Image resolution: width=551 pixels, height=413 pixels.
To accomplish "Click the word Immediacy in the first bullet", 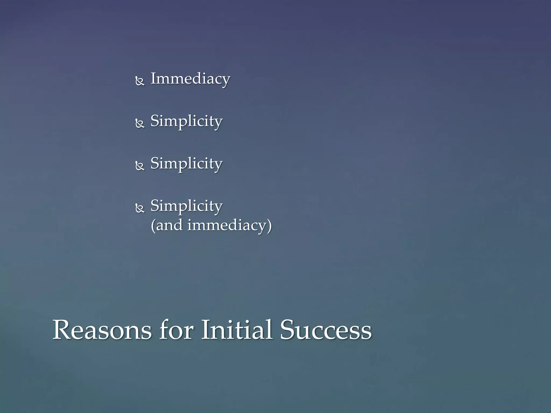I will point(190,79).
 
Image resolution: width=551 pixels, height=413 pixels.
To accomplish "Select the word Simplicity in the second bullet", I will point(186,121).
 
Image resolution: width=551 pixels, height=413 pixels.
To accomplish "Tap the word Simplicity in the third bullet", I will point(186,164).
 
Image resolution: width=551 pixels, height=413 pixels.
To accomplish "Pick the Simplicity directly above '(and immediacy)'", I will point(186,206).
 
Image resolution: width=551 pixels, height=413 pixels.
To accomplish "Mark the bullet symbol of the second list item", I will point(140,123).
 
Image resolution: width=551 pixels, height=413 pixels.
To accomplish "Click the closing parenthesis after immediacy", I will point(269,226).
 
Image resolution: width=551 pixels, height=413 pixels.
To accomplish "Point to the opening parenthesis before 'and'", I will point(153,226).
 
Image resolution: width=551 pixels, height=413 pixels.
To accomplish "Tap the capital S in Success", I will point(288,330).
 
